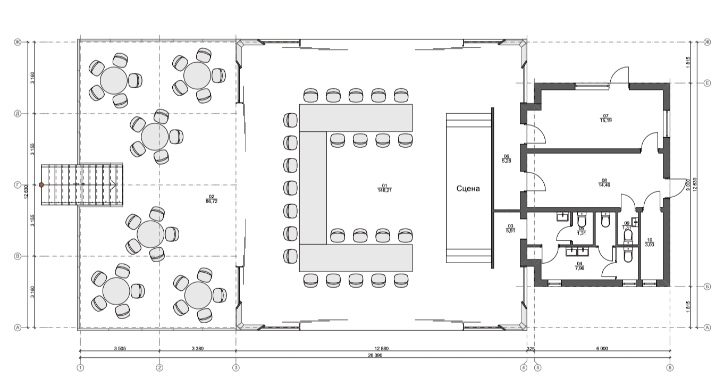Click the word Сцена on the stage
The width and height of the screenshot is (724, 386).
tap(468, 188)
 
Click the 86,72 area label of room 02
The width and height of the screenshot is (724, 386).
tap(211, 202)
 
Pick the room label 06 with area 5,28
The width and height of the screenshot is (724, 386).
tap(507, 158)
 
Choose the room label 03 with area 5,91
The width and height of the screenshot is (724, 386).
tap(510, 229)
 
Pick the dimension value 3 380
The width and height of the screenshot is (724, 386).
tap(197, 349)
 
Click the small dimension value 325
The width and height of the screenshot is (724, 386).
tap(530, 349)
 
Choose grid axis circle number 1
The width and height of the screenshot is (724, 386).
tap(80, 367)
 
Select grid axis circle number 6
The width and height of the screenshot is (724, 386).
tap(669, 367)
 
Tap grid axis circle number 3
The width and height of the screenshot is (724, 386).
tap(236, 367)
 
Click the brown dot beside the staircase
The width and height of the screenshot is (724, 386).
tap(41, 184)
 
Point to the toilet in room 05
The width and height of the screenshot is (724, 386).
tap(581, 220)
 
